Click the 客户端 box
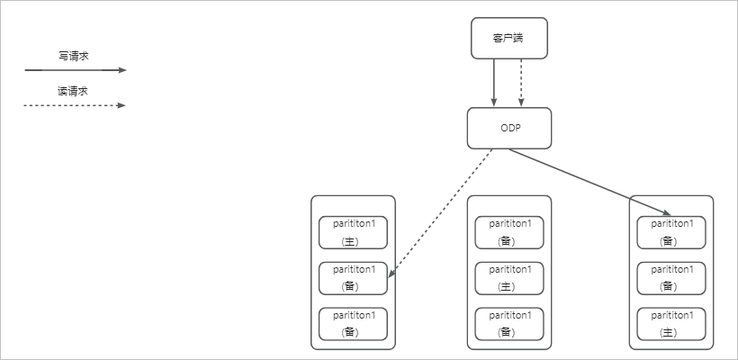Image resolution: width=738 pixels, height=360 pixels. point(509,38)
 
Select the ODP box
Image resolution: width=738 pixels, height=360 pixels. point(509,128)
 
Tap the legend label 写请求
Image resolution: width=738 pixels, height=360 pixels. point(74,56)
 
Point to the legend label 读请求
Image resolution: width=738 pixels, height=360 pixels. point(73,91)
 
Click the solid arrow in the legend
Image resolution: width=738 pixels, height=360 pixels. point(76,70)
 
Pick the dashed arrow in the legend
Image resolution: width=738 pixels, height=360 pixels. point(76,105)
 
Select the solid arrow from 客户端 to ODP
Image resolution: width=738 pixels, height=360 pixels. point(494,83)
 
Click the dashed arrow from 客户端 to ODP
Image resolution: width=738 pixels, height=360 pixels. point(521,83)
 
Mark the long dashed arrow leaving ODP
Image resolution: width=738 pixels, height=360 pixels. point(440,213)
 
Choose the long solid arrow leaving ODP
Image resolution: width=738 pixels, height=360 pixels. point(590,183)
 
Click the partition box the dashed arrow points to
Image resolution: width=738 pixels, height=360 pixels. point(353,279)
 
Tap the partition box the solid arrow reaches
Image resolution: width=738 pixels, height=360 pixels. point(671,232)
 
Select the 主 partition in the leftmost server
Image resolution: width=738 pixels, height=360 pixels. point(353,232)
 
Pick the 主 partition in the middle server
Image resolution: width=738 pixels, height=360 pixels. point(509,279)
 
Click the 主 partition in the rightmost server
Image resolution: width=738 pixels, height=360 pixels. point(671,324)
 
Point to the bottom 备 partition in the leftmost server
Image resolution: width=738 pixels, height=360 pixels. point(353,324)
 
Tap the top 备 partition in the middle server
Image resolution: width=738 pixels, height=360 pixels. point(509,232)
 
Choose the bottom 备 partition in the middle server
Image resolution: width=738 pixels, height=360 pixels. point(509,324)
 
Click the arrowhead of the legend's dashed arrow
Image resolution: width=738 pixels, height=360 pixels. point(122,105)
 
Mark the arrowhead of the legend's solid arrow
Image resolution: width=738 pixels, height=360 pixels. point(122,70)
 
